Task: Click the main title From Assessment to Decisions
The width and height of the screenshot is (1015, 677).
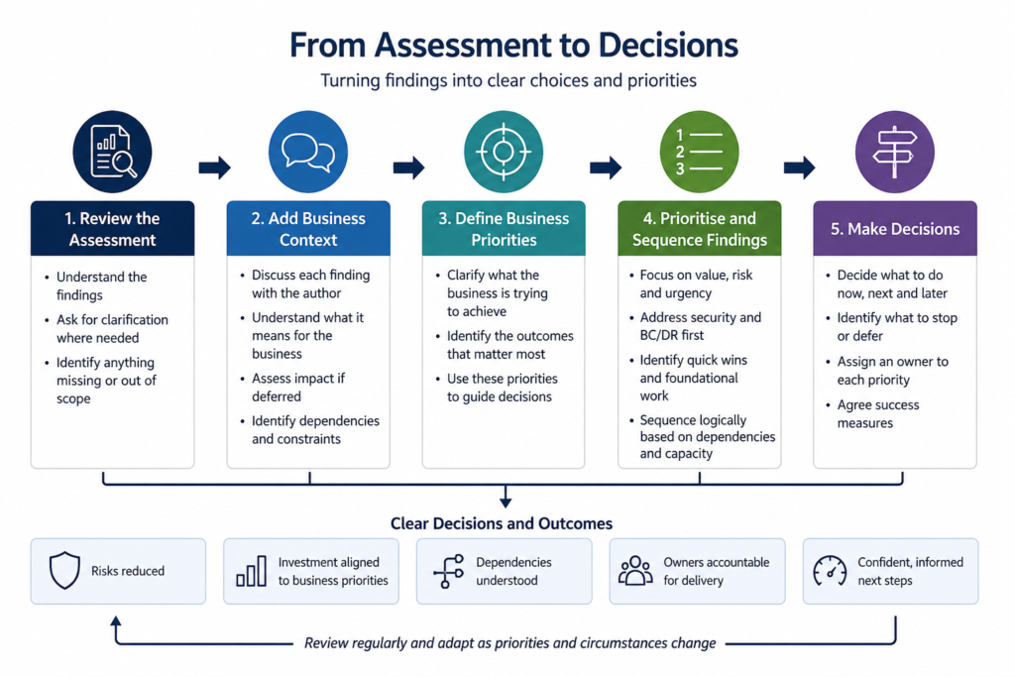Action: [513, 46]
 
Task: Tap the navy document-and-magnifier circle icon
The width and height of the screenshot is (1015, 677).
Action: [112, 152]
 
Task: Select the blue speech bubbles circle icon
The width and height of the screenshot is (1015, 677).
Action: [308, 152]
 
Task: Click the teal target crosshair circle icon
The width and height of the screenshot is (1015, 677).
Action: [504, 152]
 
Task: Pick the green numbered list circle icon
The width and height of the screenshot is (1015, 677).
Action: [699, 152]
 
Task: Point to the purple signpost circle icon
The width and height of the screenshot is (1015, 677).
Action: [895, 152]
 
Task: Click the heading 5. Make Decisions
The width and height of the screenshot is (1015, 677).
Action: [895, 229]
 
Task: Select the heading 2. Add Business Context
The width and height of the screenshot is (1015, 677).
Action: [308, 229]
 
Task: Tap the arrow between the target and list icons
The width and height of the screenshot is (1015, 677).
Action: [606, 168]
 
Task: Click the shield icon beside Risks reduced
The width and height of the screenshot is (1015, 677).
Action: [64, 570]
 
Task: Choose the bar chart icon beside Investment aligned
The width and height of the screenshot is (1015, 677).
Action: [251, 571]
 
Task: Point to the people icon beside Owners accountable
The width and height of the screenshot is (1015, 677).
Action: [635, 570]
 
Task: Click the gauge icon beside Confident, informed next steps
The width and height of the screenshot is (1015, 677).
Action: [830, 571]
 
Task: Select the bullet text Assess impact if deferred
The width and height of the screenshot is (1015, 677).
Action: [298, 387]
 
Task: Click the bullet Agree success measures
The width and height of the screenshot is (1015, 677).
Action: [878, 413]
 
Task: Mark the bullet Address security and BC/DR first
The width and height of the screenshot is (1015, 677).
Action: [701, 326]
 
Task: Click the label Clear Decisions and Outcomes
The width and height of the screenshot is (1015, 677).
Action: [501, 523]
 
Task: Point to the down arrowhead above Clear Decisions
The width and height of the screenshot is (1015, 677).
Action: [506, 502]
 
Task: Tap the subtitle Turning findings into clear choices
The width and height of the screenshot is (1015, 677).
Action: [508, 81]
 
